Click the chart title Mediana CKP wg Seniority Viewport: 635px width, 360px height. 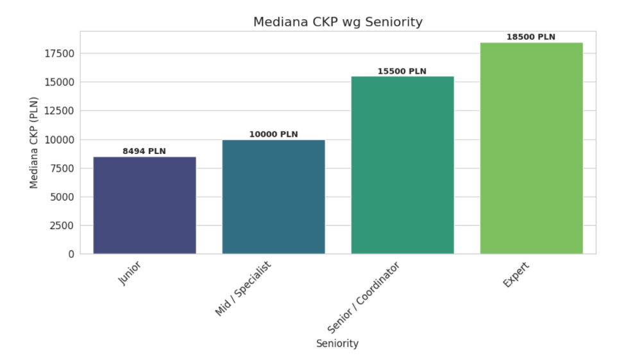(338, 22)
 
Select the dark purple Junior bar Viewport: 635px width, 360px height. (144, 205)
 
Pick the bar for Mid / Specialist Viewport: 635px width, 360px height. (273, 197)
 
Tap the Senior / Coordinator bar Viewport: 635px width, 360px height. (402, 165)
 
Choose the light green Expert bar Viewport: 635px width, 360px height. (531, 148)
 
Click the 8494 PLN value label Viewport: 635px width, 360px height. (144, 151)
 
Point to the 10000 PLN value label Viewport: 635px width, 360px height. (273, 134)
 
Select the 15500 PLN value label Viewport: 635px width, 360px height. (402, 71)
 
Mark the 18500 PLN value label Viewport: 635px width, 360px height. (531, 37)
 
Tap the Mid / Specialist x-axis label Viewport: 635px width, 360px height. (243, 289)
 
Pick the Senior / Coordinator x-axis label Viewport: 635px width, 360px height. (364, 297)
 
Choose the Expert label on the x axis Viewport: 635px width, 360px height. (517, 275)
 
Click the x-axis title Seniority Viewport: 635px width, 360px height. (337, 344)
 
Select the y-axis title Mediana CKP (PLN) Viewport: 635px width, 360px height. (34, 142)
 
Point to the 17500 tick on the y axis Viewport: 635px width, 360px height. (59, 53)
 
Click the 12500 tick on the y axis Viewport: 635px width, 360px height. (59, 111)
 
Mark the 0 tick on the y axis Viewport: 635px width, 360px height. (71, 254)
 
